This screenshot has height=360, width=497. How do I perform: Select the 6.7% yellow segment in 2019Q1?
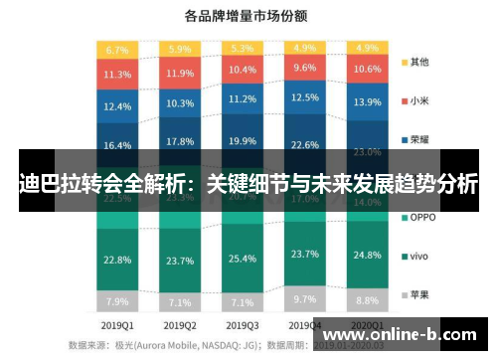pos(117,49)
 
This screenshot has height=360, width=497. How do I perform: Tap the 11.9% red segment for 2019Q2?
pos(180,73)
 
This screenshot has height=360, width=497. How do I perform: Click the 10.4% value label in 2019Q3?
pos(242,71)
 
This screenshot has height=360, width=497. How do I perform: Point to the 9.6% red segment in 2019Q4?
pos(304,69)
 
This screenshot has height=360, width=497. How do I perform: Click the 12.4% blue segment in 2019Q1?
pos(117,105)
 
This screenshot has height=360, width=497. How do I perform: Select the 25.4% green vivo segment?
pos(242,259)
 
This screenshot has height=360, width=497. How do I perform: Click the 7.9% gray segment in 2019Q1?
pos(117,301)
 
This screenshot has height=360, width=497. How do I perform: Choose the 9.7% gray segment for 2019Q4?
pos(304,298)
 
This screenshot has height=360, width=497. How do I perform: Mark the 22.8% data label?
pos(117,261)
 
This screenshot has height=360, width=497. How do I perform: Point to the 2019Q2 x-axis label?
pos(180,325)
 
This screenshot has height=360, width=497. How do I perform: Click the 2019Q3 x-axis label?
pos(242,325)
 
